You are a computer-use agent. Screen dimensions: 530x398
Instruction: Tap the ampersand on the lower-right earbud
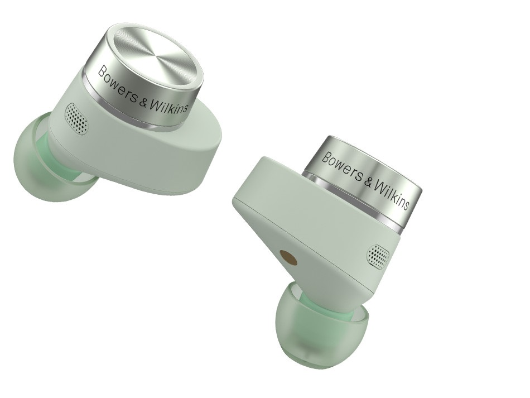pos(368,183)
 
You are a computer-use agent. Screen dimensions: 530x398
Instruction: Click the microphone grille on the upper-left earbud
pos(77,118)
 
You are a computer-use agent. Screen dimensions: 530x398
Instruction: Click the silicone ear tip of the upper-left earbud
pos(51,162)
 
